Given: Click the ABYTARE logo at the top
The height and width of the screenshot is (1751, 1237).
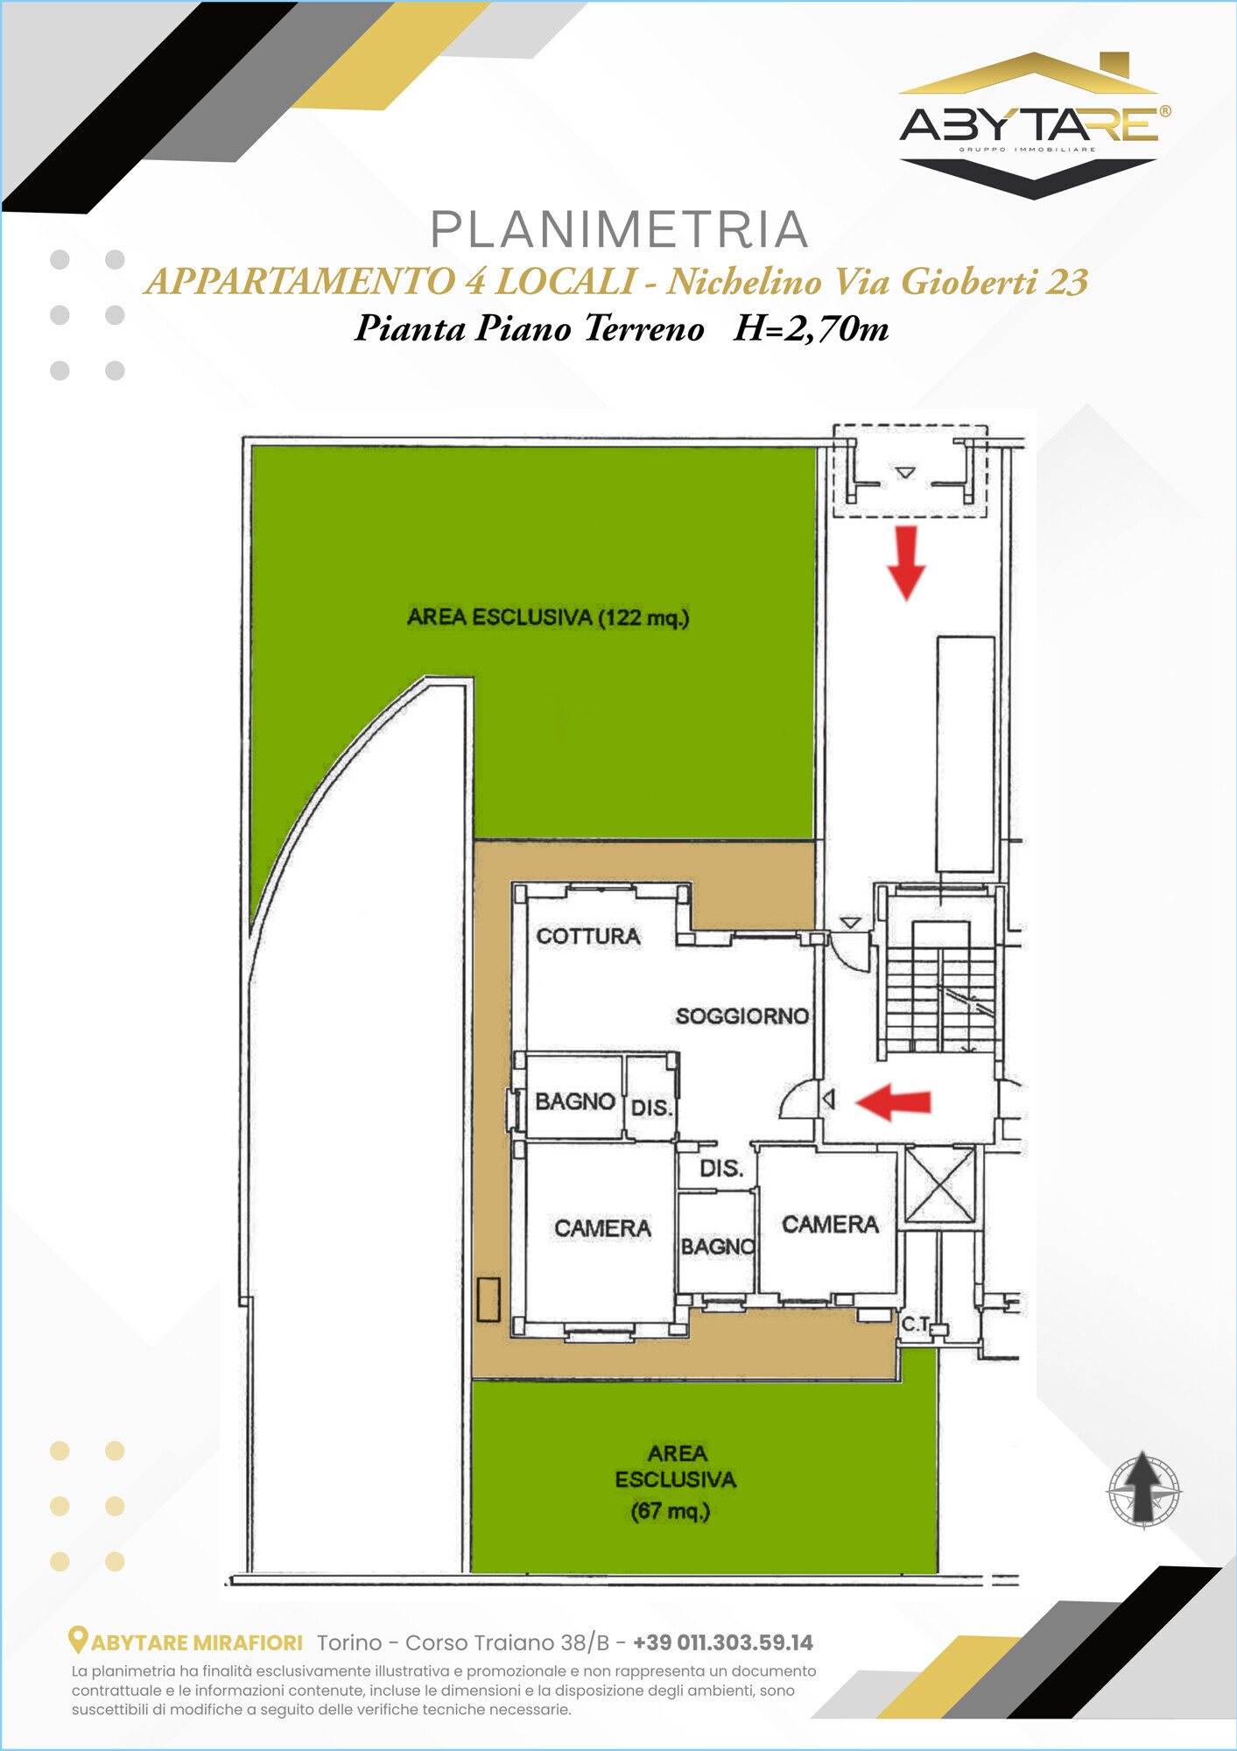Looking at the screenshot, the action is tap(1034, 125).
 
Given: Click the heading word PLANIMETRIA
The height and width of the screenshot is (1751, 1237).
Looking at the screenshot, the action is tap(619, 229).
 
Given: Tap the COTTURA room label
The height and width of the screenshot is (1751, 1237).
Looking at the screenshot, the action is tap(588, 936).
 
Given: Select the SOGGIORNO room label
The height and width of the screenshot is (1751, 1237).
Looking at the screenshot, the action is tap(741, 1016).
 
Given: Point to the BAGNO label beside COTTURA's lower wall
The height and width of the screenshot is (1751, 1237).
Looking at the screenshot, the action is tap(574, 1101).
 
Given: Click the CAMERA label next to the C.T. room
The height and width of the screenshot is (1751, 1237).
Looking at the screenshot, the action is tap(830, 1224).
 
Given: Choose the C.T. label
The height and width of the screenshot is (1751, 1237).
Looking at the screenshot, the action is tap(916, 1324).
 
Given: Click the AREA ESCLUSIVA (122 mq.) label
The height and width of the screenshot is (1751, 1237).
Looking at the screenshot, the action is tap(548, 617).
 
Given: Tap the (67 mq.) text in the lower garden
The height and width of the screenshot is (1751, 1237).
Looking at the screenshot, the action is tap(671, 1511).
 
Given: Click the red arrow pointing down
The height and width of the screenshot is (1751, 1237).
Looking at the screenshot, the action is tap(906, 563).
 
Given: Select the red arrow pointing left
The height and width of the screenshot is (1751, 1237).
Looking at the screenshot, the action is tap(893, 1101).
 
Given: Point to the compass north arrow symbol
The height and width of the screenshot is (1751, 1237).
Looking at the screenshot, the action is tap(1143, 1489).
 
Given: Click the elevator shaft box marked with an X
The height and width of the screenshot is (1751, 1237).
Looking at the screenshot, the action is tap(939, 1185).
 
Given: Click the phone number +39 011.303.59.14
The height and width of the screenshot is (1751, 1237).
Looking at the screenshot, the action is tap(723, 1642).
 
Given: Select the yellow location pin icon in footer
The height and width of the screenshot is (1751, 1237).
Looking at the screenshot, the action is tap(78, 1640).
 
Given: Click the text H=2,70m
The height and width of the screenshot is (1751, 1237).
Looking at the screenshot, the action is tap(812, 328).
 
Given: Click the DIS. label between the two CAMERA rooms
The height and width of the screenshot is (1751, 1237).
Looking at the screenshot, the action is tap(721, 1168).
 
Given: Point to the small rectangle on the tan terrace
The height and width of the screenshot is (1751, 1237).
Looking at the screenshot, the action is tap(488, 1299).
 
